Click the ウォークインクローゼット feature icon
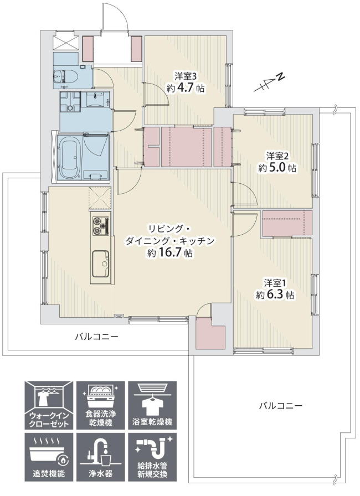coord(49,405)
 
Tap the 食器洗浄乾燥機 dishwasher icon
coord(100,405)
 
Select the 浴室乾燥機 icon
coord(152,405)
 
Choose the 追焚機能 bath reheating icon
coord(49,457)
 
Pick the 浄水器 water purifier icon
coord(100,457)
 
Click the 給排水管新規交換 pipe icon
coord(152,457)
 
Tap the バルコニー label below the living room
coord(97,336)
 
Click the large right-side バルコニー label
coord(281,406)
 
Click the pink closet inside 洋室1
coord(287,224)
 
